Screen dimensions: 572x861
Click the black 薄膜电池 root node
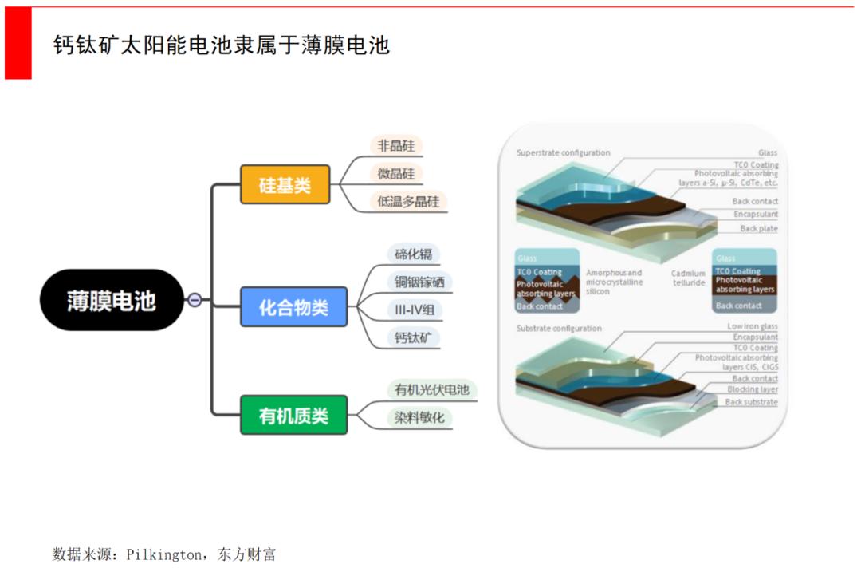[x=111, y=301]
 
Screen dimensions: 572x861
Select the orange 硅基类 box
[x=285, y=185]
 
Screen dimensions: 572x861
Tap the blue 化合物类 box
[x=293, y=307]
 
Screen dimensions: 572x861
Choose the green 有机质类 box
[x=293, y=415]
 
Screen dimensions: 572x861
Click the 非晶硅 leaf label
[x=396, y=146]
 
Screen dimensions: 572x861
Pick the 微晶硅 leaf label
[x=396, y=174]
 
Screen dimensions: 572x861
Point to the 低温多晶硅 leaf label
[x=408, y=201]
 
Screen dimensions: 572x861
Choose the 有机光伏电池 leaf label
[x=432, y=390]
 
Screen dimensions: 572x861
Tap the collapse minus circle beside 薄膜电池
[x=195, y=301]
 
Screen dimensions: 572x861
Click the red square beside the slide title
[x=18, y=44]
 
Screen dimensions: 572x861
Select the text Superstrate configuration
[x=563, y=153]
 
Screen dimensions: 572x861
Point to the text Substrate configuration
[x=559, y=329]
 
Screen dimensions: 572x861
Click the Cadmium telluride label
[x=688, y=278]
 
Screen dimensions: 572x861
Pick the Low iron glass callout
[x=752, y=327]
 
